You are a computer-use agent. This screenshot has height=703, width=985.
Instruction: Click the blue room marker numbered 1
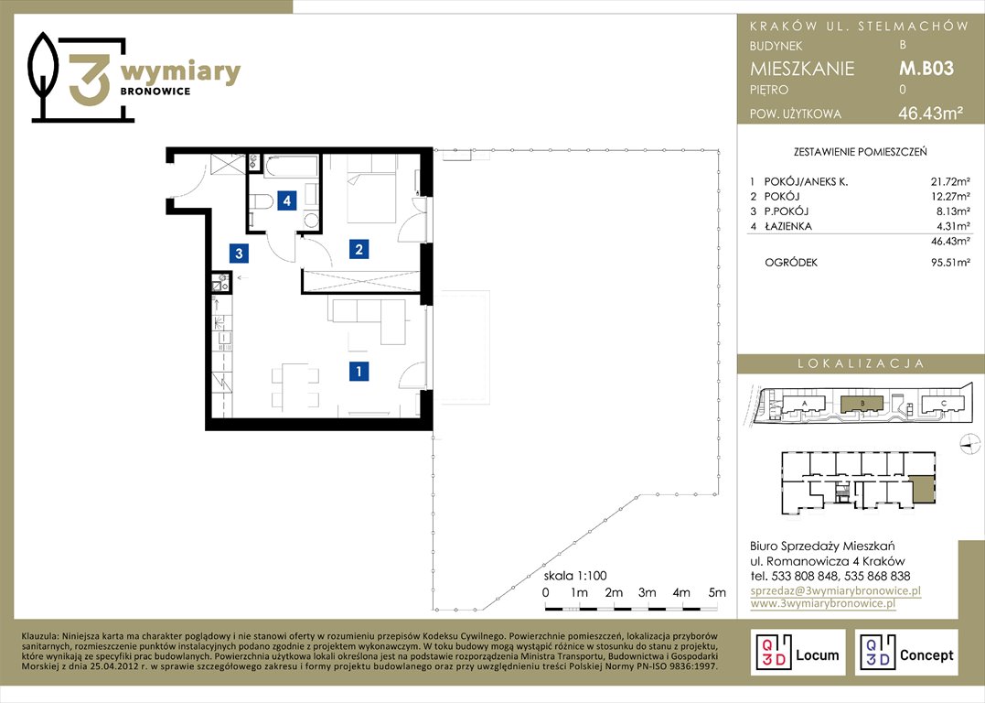(x=359, y=371)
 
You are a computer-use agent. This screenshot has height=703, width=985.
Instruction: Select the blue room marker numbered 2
(x=359, y=249)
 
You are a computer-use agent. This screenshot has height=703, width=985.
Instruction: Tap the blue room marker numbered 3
(x=239, y=254)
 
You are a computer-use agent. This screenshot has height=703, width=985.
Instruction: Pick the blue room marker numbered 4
(x=287, y=200)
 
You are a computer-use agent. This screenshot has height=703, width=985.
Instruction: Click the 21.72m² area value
(x=950, y=182)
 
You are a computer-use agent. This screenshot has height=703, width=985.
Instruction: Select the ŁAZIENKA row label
(x=787, y=226)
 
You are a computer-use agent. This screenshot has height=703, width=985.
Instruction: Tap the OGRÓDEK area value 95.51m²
(x=950, y=263)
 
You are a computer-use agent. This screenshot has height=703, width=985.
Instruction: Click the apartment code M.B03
(x=926, y=68)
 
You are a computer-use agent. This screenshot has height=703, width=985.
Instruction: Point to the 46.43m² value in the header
(x=930, y=114)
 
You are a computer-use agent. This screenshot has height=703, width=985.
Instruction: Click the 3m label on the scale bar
(x=647, y=592)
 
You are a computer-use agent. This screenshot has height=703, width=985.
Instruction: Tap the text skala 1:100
(x=575, y=576)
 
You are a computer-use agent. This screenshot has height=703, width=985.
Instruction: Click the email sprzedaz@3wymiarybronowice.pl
(x=836, y=590)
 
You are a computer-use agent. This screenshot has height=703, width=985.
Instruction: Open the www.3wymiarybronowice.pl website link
(x=823, y=603)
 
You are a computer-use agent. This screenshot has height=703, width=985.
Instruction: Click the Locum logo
(x=798, y=653)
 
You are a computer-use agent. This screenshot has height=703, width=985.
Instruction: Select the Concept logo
(x=905, y=653)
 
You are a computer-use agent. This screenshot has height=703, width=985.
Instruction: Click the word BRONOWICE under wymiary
(x=155, y=92)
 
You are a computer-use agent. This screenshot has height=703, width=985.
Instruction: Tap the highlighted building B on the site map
(x=862, y=403)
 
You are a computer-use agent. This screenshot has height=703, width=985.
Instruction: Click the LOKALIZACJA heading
(x=861, y=363)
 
